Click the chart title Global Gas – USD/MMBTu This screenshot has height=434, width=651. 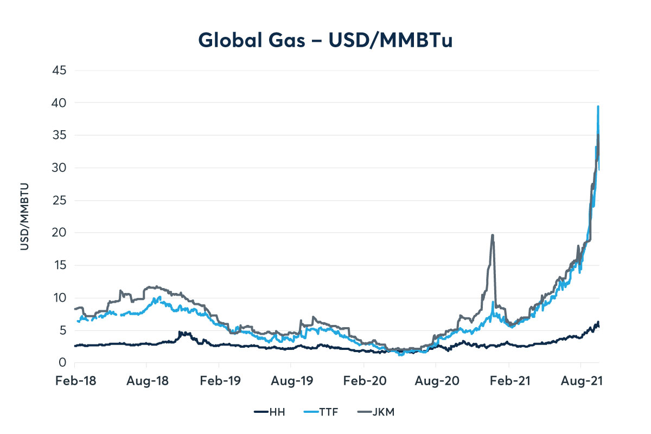325,40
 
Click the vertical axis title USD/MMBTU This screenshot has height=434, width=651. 24,216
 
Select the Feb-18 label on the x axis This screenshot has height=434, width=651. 75,381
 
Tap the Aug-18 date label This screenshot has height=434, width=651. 146,381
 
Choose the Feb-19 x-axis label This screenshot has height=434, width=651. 219,381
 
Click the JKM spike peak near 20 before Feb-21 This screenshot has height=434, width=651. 492,235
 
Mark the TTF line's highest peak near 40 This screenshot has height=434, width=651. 598,107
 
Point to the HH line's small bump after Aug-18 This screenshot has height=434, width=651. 181,332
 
